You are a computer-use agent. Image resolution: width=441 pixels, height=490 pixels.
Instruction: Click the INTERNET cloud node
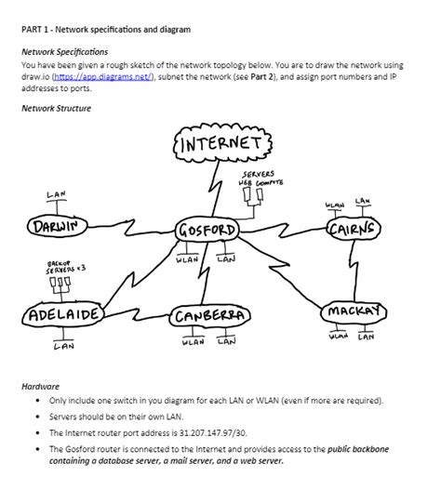(x=220, y=146)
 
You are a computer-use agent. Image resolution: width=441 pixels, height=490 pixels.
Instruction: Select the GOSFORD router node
(x=208, y=230)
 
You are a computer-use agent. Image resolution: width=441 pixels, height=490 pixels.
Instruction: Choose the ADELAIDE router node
(x=62, y=314)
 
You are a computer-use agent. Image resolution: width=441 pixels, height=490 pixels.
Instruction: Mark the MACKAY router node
(x=352, y=309)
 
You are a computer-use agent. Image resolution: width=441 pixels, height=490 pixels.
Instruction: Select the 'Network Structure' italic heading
(x=56, y=109)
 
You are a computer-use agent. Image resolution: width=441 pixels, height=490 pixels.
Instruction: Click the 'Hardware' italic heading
(x=41, y=384)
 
